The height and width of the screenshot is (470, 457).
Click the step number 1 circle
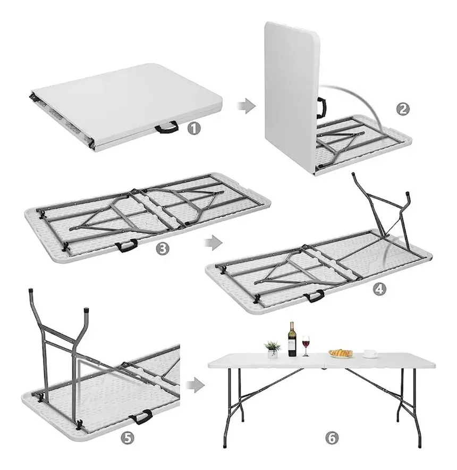click(x=194, y=129)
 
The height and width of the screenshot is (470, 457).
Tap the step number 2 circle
click(x=403, y=109)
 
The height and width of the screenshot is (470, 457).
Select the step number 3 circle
click(x=163, y=248)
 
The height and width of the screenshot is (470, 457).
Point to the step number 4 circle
click(x=380, y=289)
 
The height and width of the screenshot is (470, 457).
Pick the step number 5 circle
click(x=128, y=438)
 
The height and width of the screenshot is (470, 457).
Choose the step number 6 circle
click(x=332, y=438)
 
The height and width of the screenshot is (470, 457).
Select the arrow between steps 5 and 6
click(x=195, y=385)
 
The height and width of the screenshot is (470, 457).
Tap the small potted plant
click(x=273, y=349)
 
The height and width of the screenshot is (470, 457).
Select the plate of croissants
click(x=341, y=353)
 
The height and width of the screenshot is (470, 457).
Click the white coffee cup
click(x=370, y=354)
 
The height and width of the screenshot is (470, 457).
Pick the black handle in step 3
click(x=126, y=246)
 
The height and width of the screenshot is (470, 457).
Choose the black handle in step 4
click(x=314, y=296)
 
